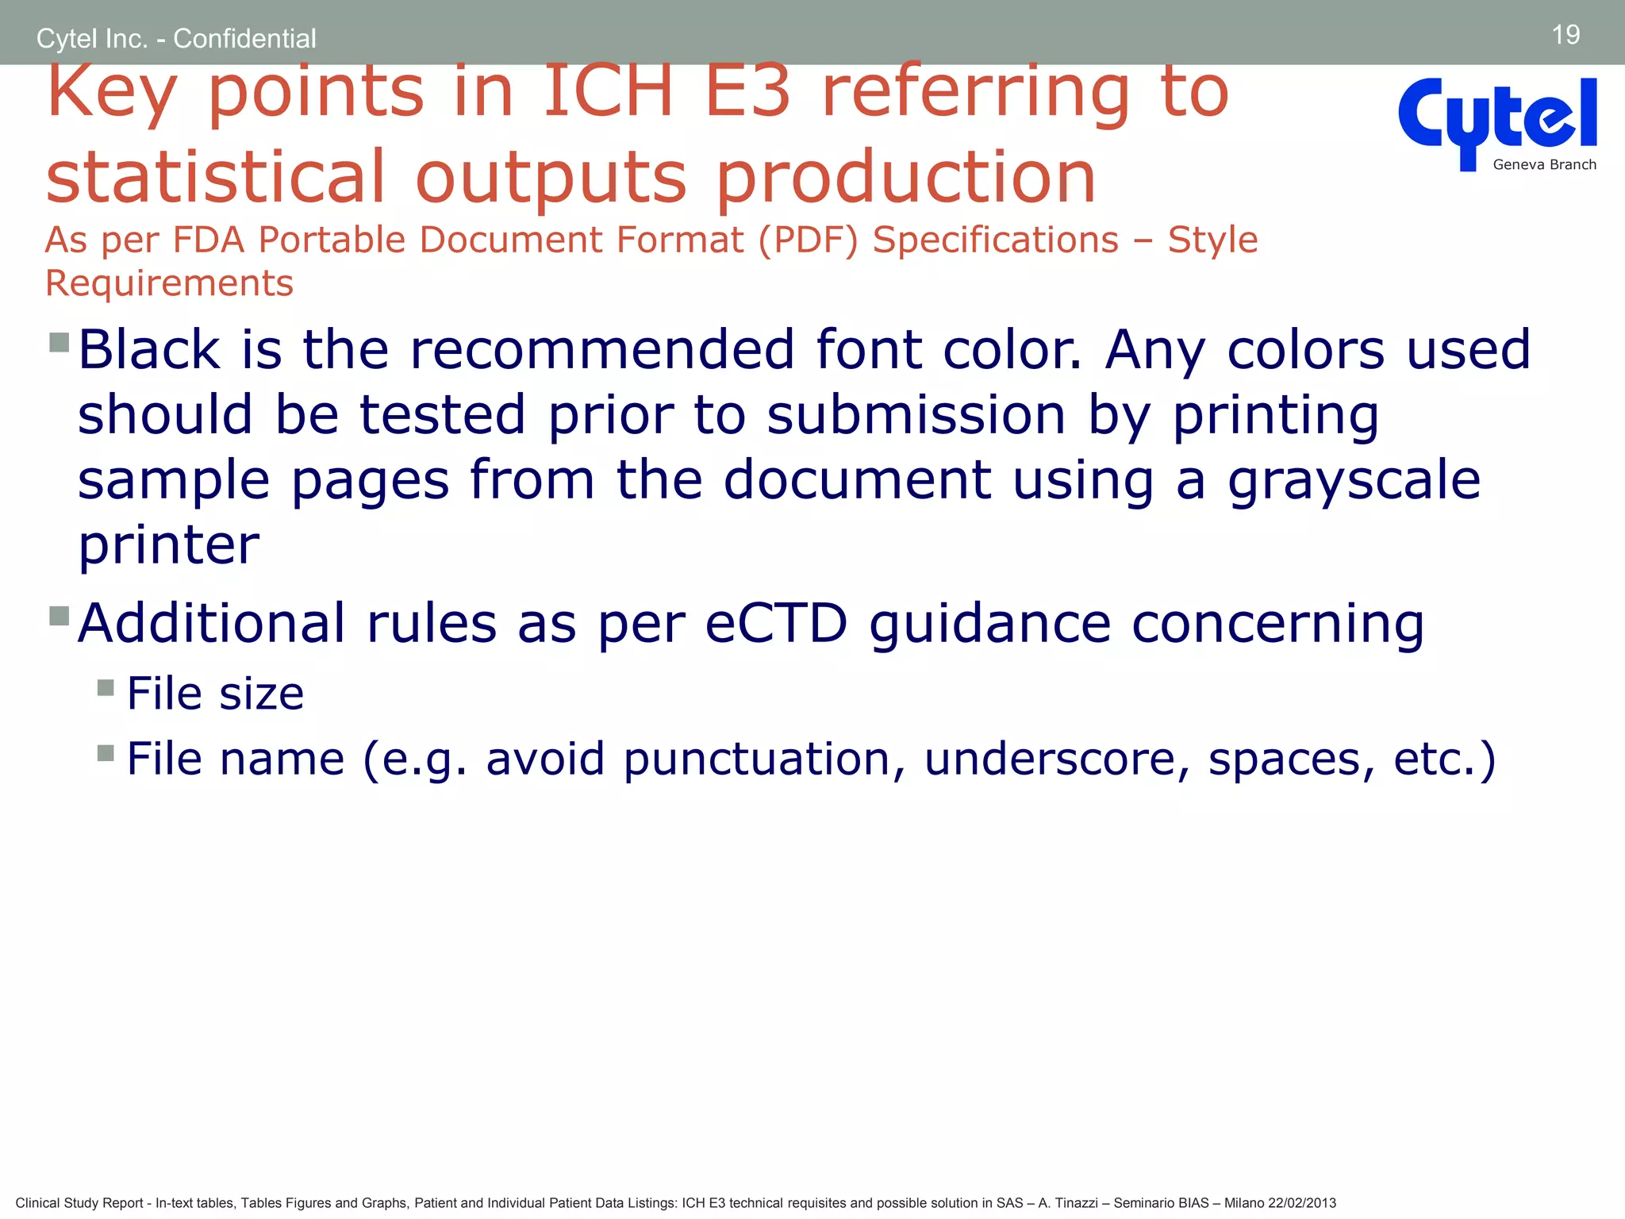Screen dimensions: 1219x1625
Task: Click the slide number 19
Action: pyautogui.click(x=1565, y=35)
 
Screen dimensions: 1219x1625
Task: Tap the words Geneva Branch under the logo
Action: pyautogui.click(x=1544, y=165)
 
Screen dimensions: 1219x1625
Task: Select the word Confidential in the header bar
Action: pyautogui.click(x=244, y=38)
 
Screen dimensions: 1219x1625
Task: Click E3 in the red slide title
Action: pyautogui.click(x=747, y=92)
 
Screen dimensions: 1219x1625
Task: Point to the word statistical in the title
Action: pyautogui.click(x=216, y=176)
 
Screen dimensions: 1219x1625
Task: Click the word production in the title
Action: pyautogui.click(x=905, y=178)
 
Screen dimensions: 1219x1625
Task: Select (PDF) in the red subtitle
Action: pyautogui.click(x=809, y=240)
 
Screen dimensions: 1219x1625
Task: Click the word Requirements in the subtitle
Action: pyautogui.click(x=169, y=283)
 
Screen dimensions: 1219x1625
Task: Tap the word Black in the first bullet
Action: pyautogui.click(x=149, y=349)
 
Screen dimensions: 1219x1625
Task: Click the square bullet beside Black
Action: pyautogui.click(x=60, y=342)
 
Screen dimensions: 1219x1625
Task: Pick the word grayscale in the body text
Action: pyautogui.click(x=1354, y=481)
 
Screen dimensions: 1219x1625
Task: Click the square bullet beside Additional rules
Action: pyautogui.click(x=60, y=616)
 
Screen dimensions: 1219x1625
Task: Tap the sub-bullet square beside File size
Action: pyautogui.click(x=106, y=687)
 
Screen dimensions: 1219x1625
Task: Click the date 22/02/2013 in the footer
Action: pyautogui.click(x=1302, y=1203)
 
